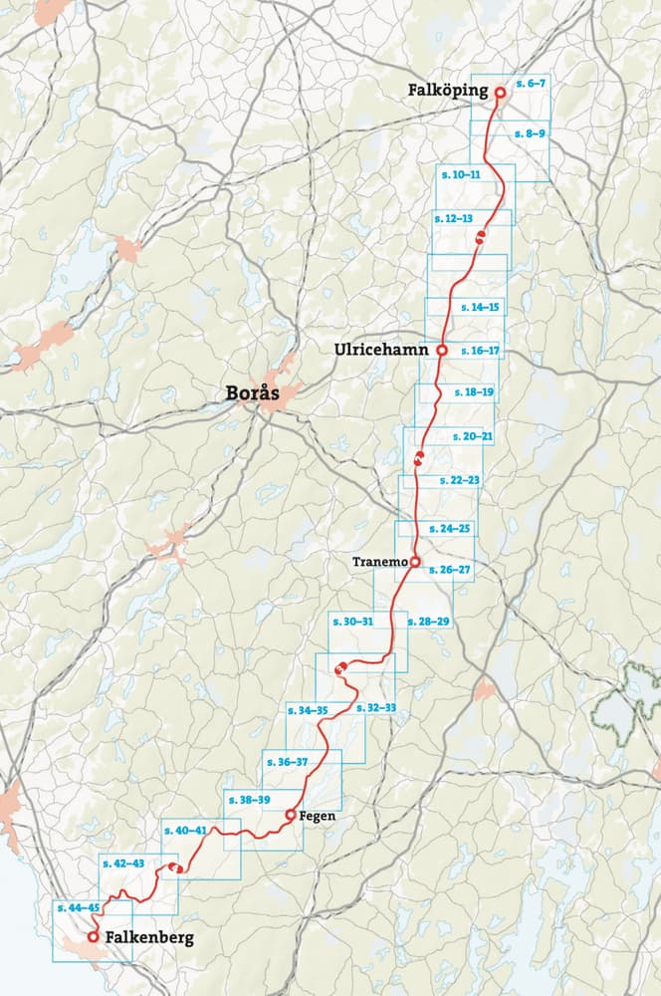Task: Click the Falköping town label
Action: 447,91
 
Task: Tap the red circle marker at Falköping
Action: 501,92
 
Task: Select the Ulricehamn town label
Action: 382,350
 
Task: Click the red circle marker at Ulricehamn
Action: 441,351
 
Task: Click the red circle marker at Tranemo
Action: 415,562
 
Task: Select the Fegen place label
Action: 318,816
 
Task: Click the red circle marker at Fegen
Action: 290,815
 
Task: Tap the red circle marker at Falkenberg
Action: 93,937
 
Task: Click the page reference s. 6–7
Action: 530,84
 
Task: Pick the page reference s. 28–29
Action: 429,622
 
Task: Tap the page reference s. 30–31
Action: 353,622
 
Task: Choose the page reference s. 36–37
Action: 287,762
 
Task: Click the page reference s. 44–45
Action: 78,908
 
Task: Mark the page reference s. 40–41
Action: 185,831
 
